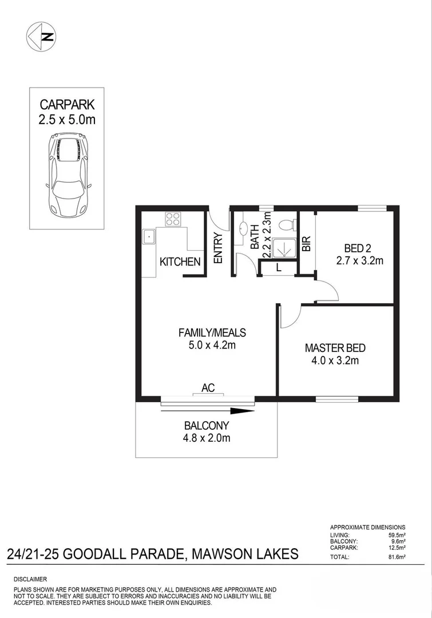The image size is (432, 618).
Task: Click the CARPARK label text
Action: [x=67, y=105]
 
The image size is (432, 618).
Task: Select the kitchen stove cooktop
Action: [x=173, y=218]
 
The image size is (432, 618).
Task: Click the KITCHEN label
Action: [x=180, y=262]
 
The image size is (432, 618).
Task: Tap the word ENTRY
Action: [x=218, y=248]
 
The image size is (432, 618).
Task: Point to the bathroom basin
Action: [x=242, y=226]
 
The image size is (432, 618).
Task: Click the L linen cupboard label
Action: [x=278, y=267]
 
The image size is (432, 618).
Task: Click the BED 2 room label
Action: [x=358, y=248]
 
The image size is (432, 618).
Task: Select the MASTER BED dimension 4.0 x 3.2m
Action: [x=335, y=360]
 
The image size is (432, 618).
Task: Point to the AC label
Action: [x=207, y=388]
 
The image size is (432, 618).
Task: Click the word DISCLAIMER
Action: [x=30, y=580]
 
